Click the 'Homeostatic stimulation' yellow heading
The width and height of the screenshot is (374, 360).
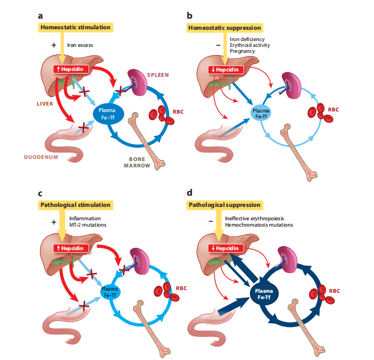coord(75,27)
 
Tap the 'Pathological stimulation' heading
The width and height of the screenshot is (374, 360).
coord(75,205)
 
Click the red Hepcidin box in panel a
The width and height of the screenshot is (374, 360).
coord(69,69)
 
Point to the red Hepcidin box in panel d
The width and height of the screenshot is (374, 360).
coord(218,248)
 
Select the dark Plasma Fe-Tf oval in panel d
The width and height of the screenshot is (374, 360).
coord(261,292)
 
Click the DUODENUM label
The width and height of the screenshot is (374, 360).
coord(42,157)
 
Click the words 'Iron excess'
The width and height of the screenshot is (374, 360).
coord(80,45)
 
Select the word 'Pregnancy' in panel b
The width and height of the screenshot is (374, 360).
coord(242,52)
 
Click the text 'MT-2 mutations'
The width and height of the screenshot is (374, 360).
coord(88,225)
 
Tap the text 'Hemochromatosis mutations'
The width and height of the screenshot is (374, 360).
coord(259,225)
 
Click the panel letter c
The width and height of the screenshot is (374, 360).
coord(41,192)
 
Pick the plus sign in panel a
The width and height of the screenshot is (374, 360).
coord(54,45)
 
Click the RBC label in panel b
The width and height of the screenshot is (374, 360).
coord(333,110)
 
